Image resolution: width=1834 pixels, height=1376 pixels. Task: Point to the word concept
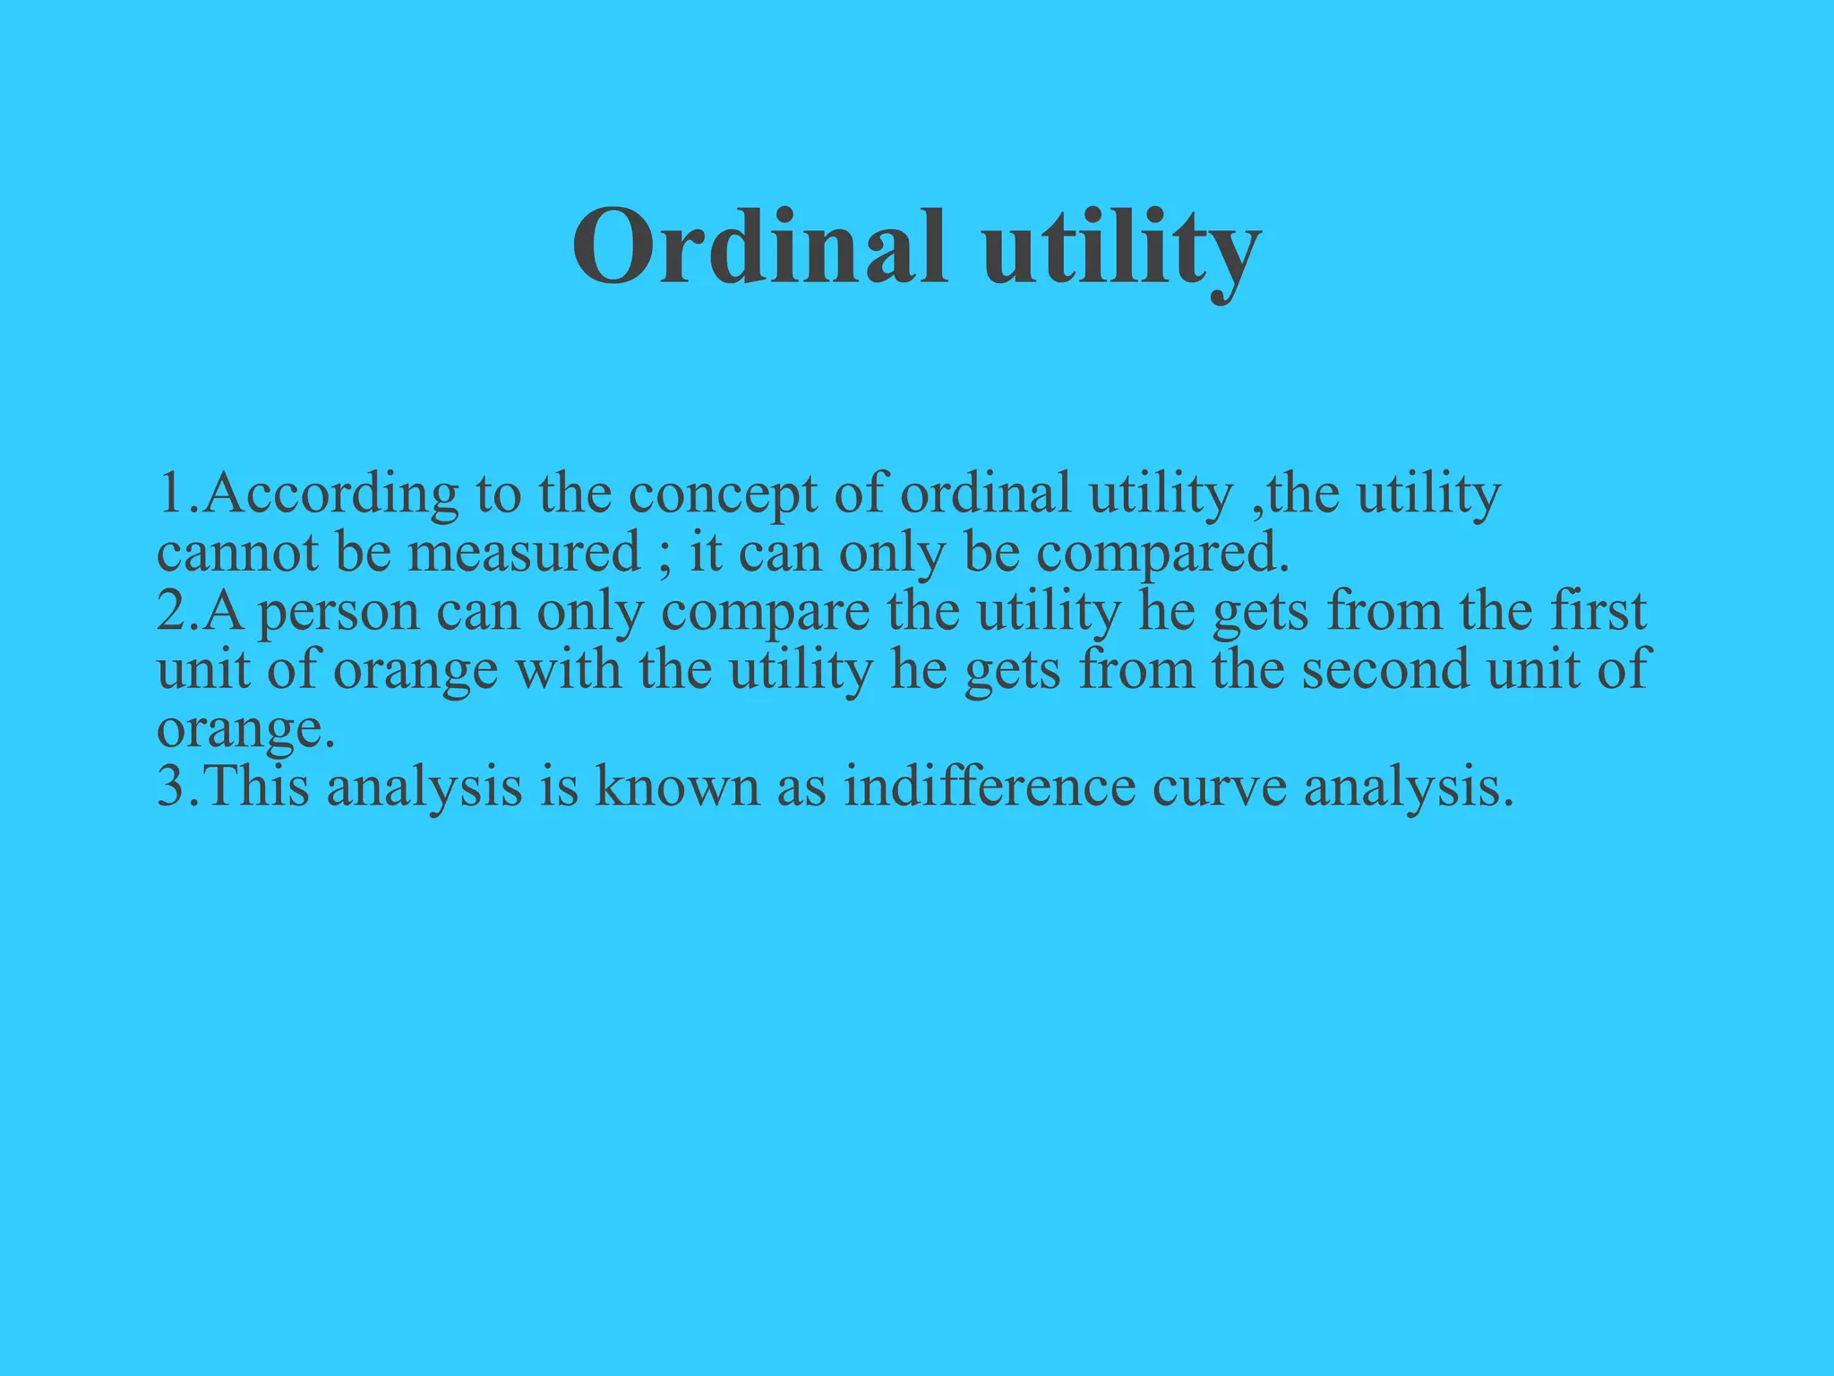pos(723,494)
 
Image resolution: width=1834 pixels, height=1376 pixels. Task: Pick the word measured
pos(524,553)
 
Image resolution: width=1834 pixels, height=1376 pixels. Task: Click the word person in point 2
pos(339,613)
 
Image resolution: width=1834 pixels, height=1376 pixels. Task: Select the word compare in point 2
pos(766,613)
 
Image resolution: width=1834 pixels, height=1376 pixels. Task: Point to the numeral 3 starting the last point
pos(169,787)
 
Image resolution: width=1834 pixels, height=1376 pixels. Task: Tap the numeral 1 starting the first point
pos(170,494)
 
